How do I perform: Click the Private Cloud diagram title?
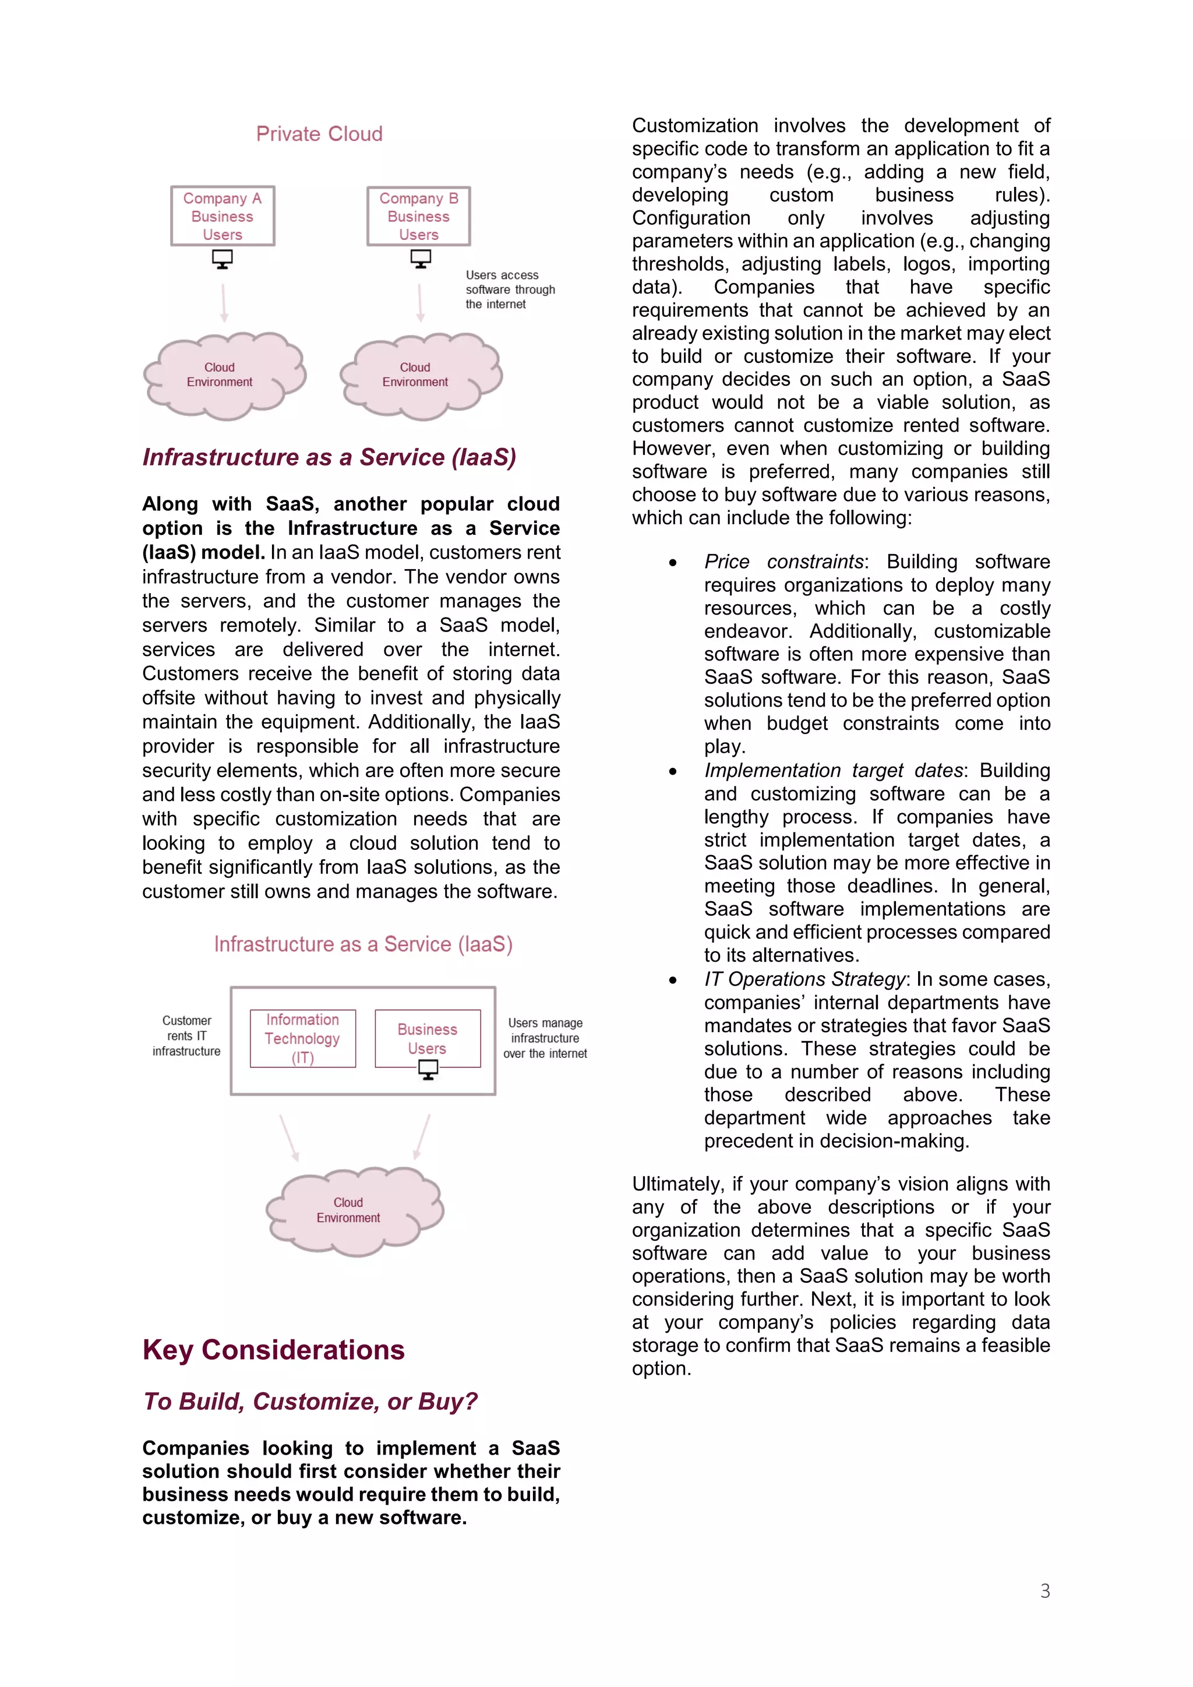tap(319, 134)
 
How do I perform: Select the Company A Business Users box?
tap(223, 216)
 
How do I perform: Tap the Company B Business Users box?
tap(418, 216)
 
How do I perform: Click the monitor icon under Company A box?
tap(223, 259)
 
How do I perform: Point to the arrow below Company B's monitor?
tap(420, 303)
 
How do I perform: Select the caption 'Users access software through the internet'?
tap(510, 290)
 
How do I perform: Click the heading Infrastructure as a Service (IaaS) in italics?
tap(329, 457)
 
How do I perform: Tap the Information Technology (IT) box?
tap(303, 1038)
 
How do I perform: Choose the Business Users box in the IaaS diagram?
tap(428, 1038)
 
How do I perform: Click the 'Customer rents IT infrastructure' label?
tap(186, 1036)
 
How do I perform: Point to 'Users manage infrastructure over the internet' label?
tap(545, 1038)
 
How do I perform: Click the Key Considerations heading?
tap(273, 1350)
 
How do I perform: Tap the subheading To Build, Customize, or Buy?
tap(310, 1401)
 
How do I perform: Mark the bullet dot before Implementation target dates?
tap(672, 771)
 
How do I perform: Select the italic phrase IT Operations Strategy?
tap(804, 979)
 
